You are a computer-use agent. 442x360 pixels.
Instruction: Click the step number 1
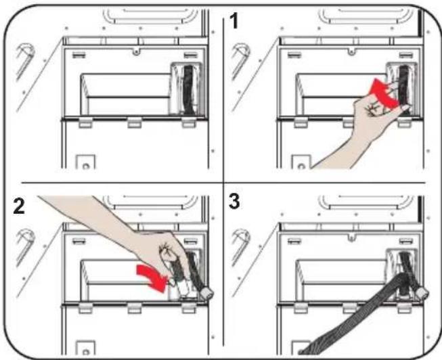(234, 21)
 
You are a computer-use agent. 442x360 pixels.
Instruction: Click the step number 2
(19, 206)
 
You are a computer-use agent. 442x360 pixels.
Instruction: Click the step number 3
(234, 201)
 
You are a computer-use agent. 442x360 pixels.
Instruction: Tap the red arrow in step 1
(384, 94)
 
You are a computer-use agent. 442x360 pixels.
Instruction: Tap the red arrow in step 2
(152, 278)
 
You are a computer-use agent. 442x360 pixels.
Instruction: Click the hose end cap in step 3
(422, 294)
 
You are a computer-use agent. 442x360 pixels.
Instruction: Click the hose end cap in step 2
(207, 294)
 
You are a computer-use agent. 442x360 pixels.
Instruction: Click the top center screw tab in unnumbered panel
(136, 51)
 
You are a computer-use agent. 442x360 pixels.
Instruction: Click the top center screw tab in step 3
(351, 238)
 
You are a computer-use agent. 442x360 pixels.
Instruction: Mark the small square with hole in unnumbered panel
(86, 162)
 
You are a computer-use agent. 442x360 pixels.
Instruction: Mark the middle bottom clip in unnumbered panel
(135, 123)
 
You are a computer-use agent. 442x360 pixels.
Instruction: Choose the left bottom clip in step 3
(301, 309)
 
